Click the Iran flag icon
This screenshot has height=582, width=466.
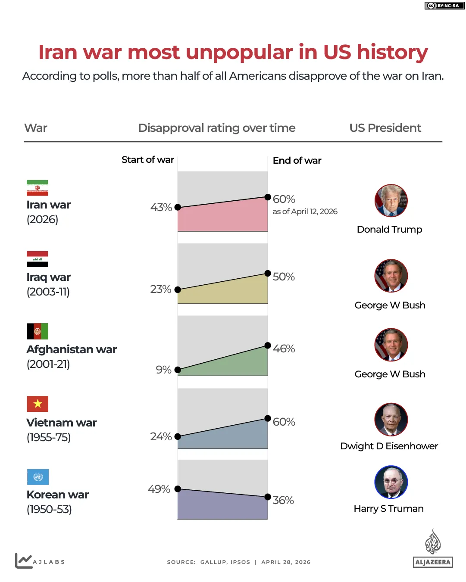point(37,188)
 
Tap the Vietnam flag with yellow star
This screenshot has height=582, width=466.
point(38,404)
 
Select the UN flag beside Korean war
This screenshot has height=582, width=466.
point(38,477)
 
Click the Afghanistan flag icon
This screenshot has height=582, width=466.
point(38,331)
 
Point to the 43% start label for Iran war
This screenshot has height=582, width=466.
point(161,207)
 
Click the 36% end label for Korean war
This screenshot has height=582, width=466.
point(283,500)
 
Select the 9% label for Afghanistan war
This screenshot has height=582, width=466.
point(163,370)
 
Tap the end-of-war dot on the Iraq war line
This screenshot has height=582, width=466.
point(268,274)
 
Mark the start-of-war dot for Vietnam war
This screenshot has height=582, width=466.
point(178,436)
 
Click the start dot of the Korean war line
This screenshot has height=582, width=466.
point(178,489)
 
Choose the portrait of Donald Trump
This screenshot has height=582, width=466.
point(391,201)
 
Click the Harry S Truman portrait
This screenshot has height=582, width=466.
point(391,482)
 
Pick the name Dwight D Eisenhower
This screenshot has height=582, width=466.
point(389,446)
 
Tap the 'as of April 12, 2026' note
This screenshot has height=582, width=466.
point(305,212)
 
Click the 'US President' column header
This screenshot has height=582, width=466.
point(385,128)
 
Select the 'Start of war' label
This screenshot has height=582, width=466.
point(147,160)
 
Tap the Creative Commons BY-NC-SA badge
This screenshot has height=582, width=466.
point(444,6)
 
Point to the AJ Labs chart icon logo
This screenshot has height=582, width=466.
point(24,560)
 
